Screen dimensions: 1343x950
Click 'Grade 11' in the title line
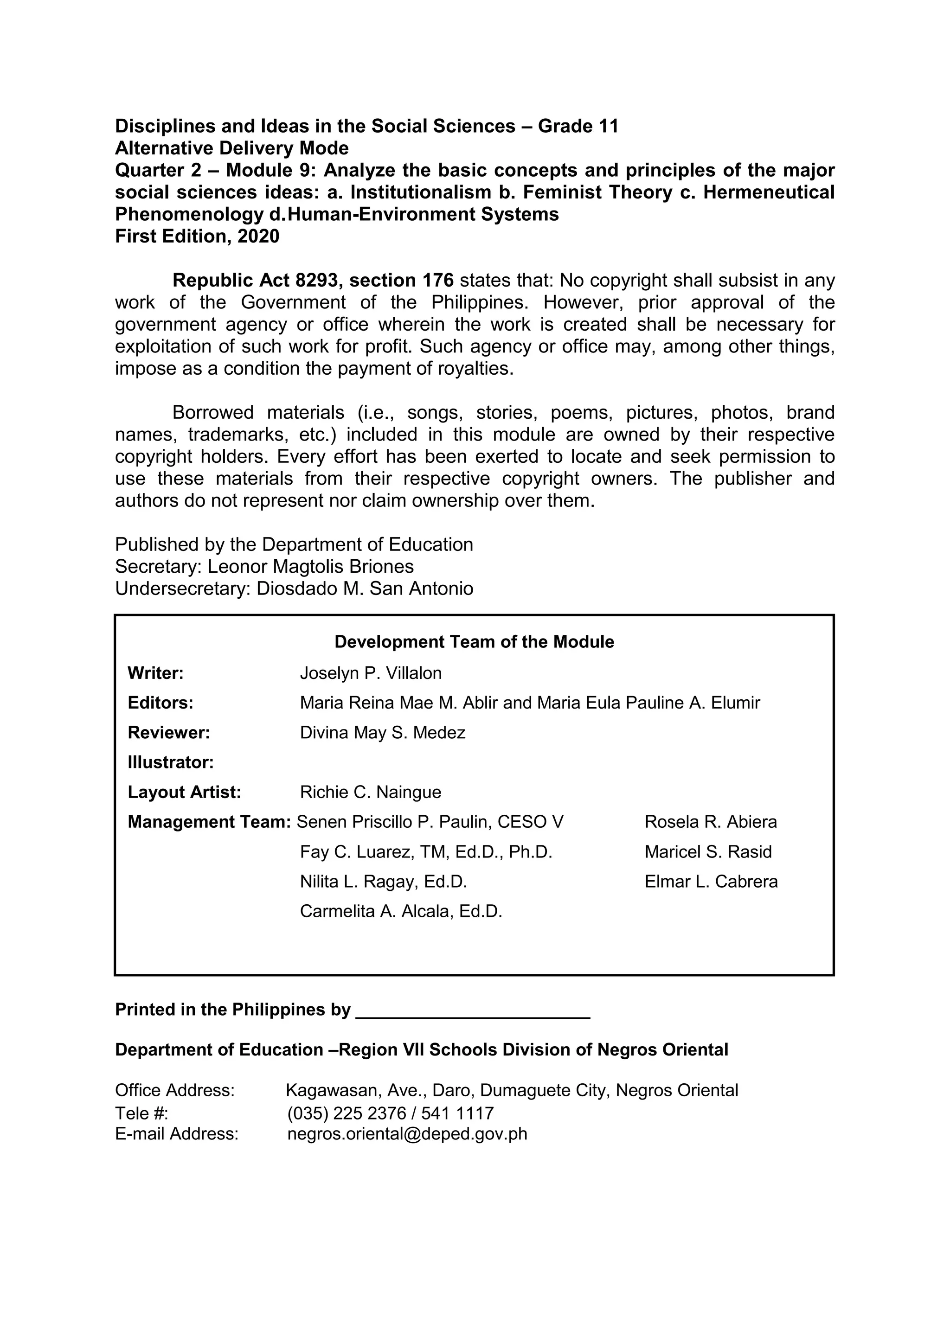point(578,126)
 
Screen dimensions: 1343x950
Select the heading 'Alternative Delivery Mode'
point(231,148)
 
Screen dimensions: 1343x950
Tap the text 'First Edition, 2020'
point(197,237)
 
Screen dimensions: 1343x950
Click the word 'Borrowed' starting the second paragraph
point(213,413)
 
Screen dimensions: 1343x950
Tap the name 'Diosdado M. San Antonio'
point(365,588)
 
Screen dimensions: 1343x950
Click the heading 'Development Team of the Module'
point(474,642)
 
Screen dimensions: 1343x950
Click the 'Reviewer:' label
point(168,733)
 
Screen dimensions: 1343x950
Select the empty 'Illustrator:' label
point(171,763)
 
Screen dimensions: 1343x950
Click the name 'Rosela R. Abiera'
point(711,822)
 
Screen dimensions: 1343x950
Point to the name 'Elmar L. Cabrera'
point(711,882)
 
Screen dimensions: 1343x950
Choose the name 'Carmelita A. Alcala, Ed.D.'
point(401,912)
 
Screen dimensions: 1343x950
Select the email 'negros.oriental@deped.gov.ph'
point(407,1134)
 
